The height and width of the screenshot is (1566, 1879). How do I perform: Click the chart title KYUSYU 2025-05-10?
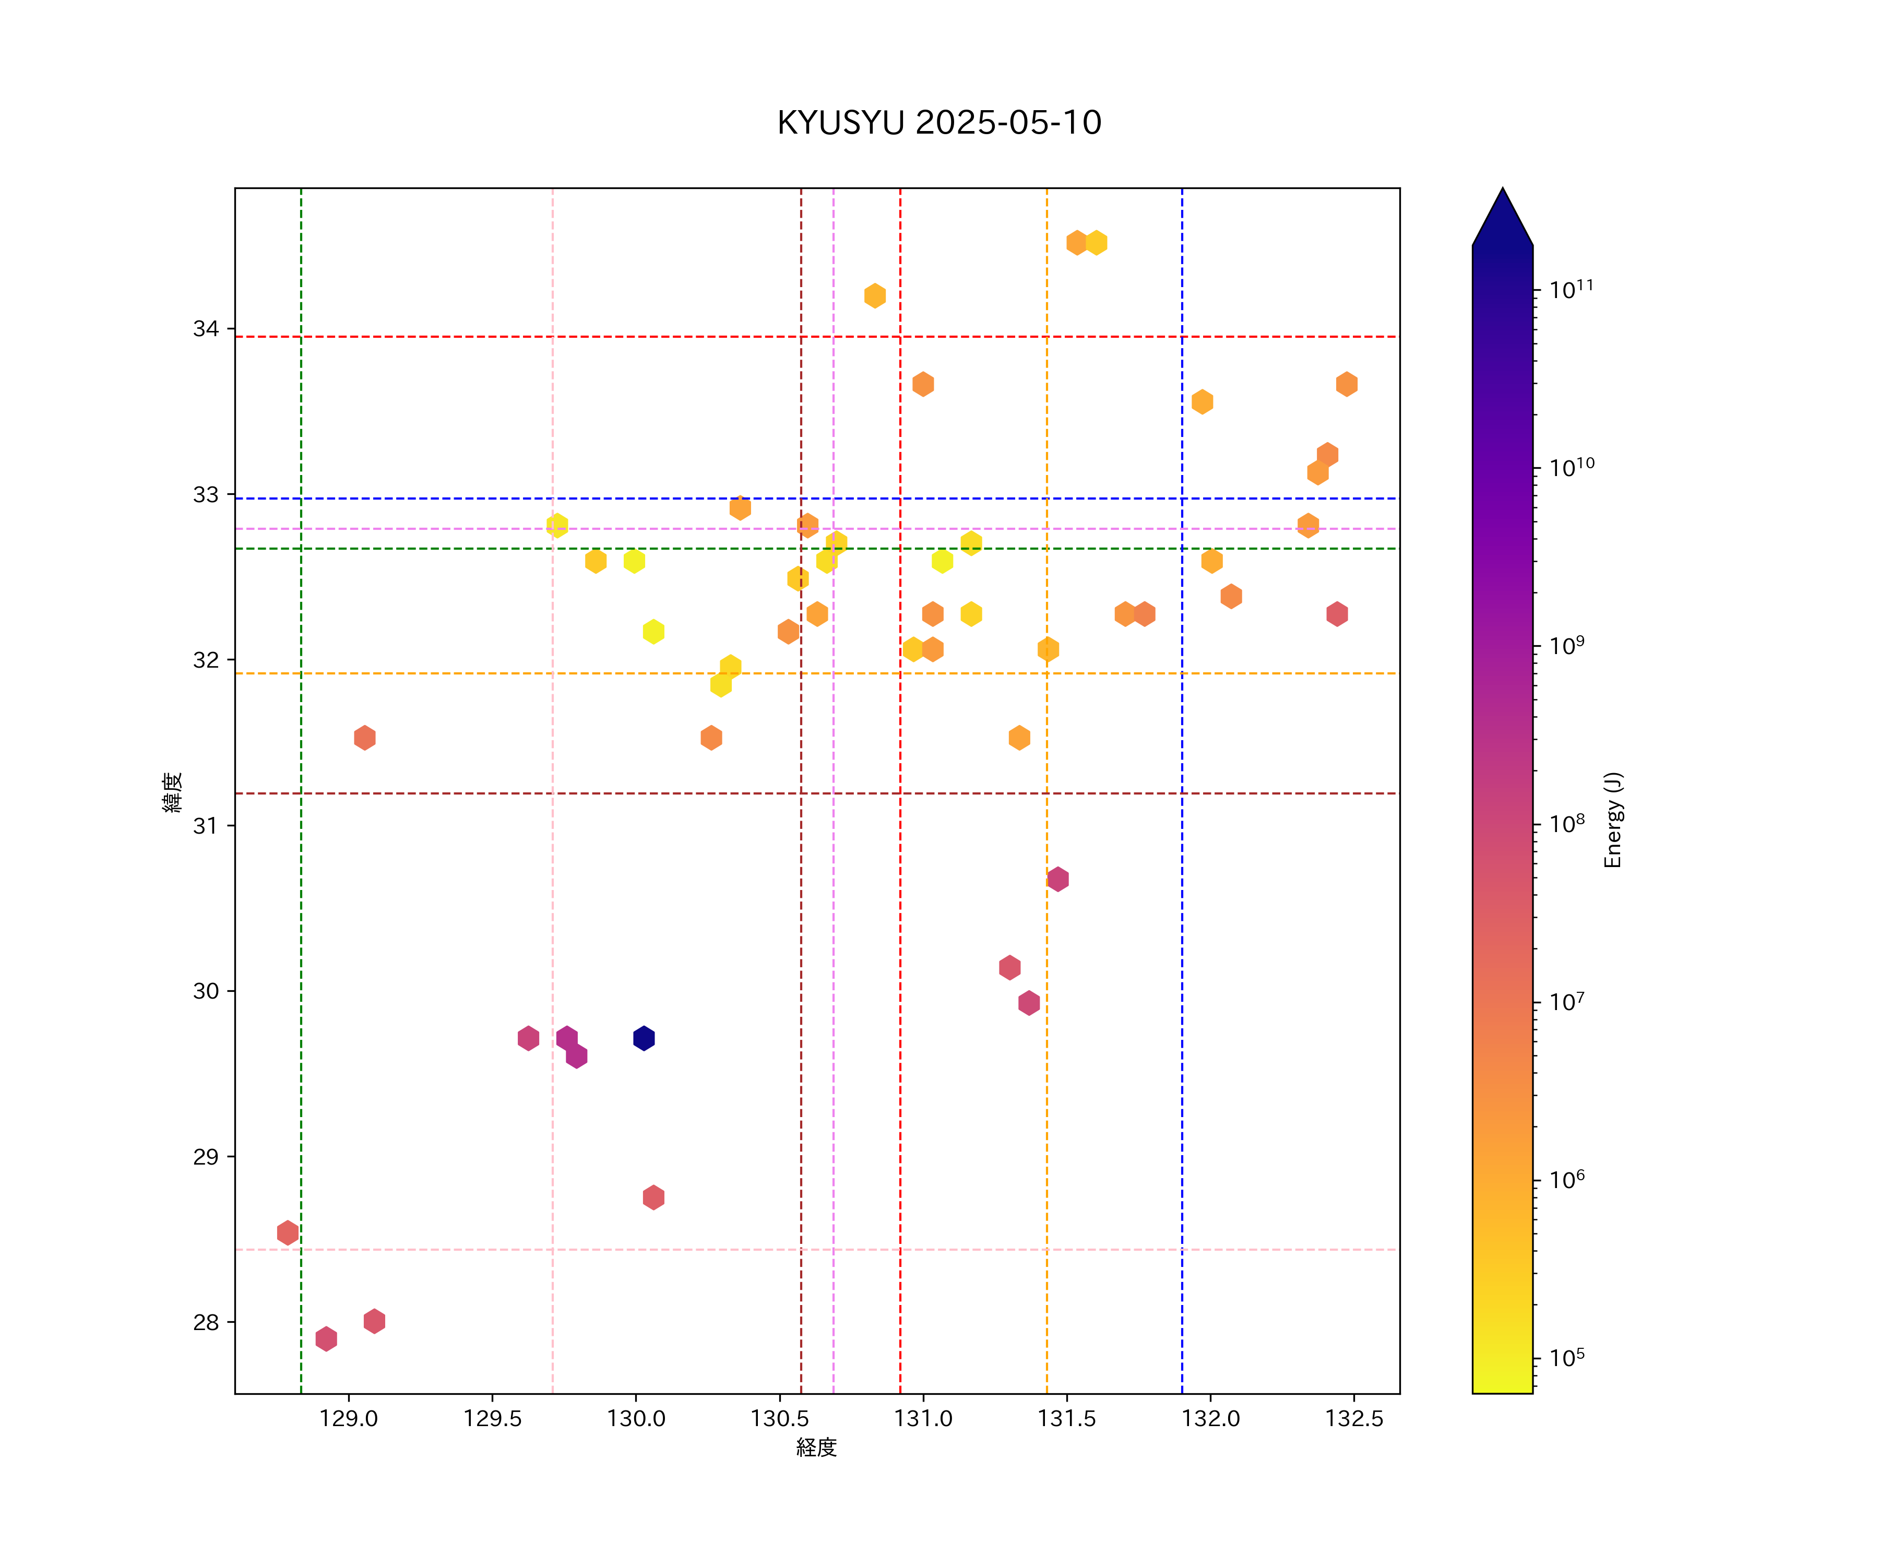[x=938, y=123]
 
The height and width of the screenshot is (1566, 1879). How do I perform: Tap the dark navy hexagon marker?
[x=644, y=1038]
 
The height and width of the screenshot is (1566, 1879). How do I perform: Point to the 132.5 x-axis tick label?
[x=1354, y=1419]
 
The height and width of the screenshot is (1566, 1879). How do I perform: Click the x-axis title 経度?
[x=816, y=1448]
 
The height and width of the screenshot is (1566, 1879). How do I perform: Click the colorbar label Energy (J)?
[x=1612, y=820]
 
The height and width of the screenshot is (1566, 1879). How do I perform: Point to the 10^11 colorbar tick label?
[x=1571, y=290]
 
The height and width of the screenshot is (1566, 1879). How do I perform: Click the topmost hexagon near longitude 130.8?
[x=874, y=295]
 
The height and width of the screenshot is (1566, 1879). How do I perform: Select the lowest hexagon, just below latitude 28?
[x=326, y=1339]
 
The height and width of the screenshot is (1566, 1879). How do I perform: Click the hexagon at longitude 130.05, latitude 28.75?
[x=653, y=1197]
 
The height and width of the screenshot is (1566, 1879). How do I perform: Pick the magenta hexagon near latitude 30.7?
[x=1057, y=879]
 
